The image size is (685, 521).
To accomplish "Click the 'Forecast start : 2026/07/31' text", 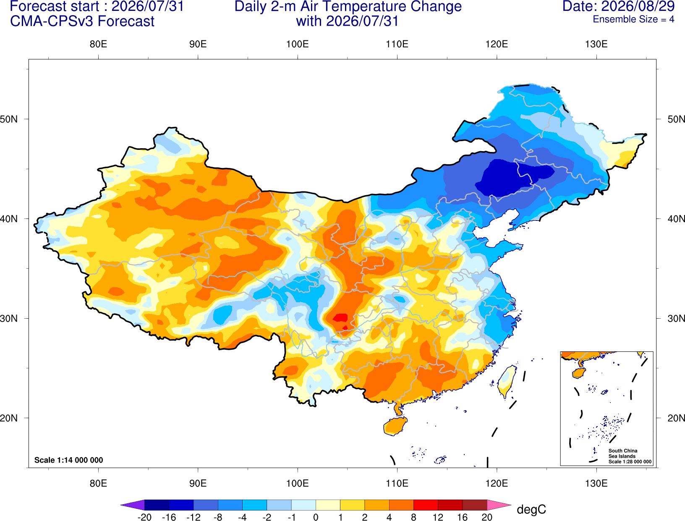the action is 97,6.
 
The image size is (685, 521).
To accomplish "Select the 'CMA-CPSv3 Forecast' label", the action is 82,21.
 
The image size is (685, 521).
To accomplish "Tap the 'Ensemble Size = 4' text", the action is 633,19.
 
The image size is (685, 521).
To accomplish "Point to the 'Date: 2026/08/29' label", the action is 619,6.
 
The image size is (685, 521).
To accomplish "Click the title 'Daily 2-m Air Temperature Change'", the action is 348,6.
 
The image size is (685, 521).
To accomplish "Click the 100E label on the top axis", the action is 298,44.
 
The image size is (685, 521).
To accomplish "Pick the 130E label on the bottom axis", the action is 596,484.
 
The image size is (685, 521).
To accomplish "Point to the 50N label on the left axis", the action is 9,119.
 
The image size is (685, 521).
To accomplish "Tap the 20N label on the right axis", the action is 676,418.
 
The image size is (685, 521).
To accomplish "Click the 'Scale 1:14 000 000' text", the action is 69,460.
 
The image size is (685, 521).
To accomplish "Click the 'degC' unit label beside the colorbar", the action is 531,509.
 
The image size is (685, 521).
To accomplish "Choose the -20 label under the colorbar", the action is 144,517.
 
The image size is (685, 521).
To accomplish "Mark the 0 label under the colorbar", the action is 316,517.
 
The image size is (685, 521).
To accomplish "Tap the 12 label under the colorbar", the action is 438,517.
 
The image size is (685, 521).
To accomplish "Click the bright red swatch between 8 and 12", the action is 426,505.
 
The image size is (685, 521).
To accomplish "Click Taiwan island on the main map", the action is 506,382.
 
